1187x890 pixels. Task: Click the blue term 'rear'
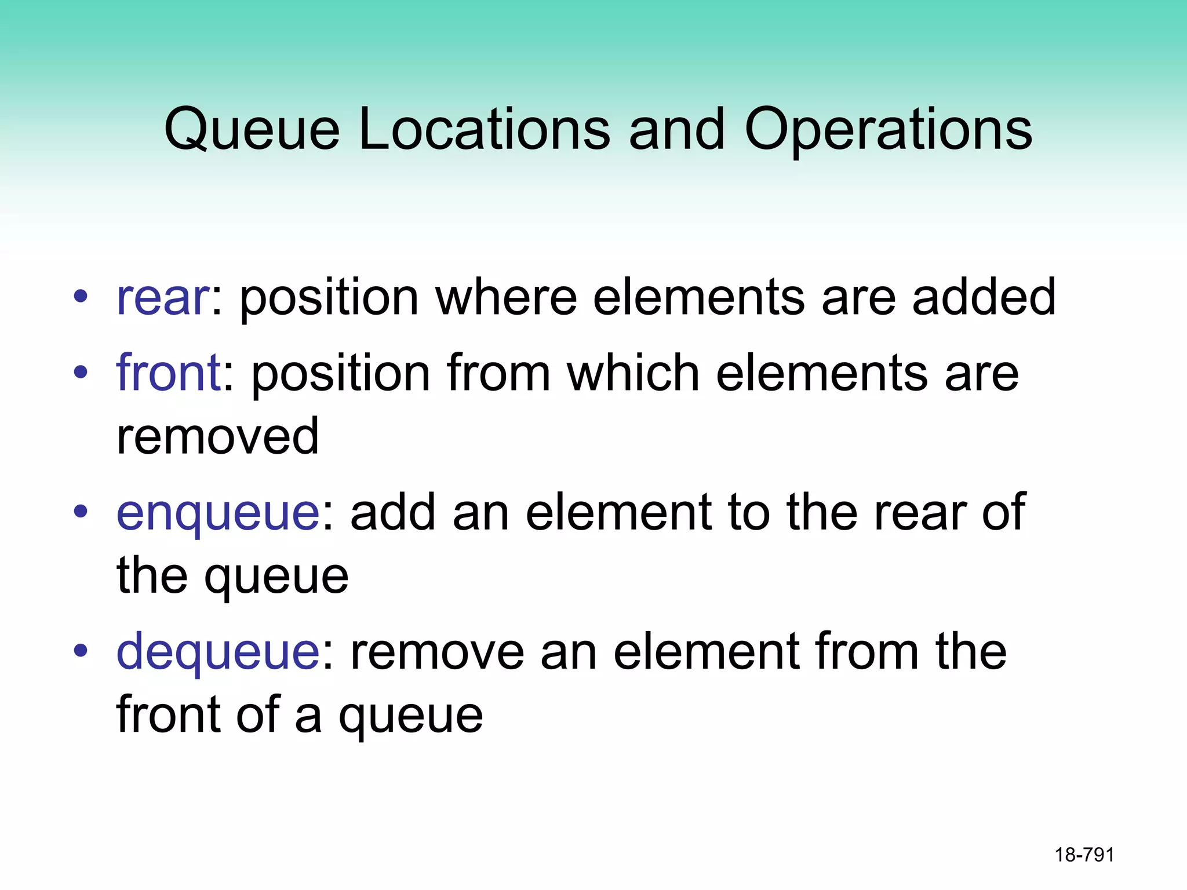pos(162,298)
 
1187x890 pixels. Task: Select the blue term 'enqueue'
pos(218,513)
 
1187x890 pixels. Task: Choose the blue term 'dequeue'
pos(218,652)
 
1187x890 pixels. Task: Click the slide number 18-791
pos(1084,855)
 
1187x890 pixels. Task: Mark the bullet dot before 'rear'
pos(81,297)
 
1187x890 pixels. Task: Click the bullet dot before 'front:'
pos(81,373)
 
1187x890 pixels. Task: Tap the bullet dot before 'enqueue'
pos(81,512)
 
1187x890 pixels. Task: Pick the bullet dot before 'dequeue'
pos(81,651)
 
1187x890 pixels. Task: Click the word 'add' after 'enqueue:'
pos(393,513)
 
